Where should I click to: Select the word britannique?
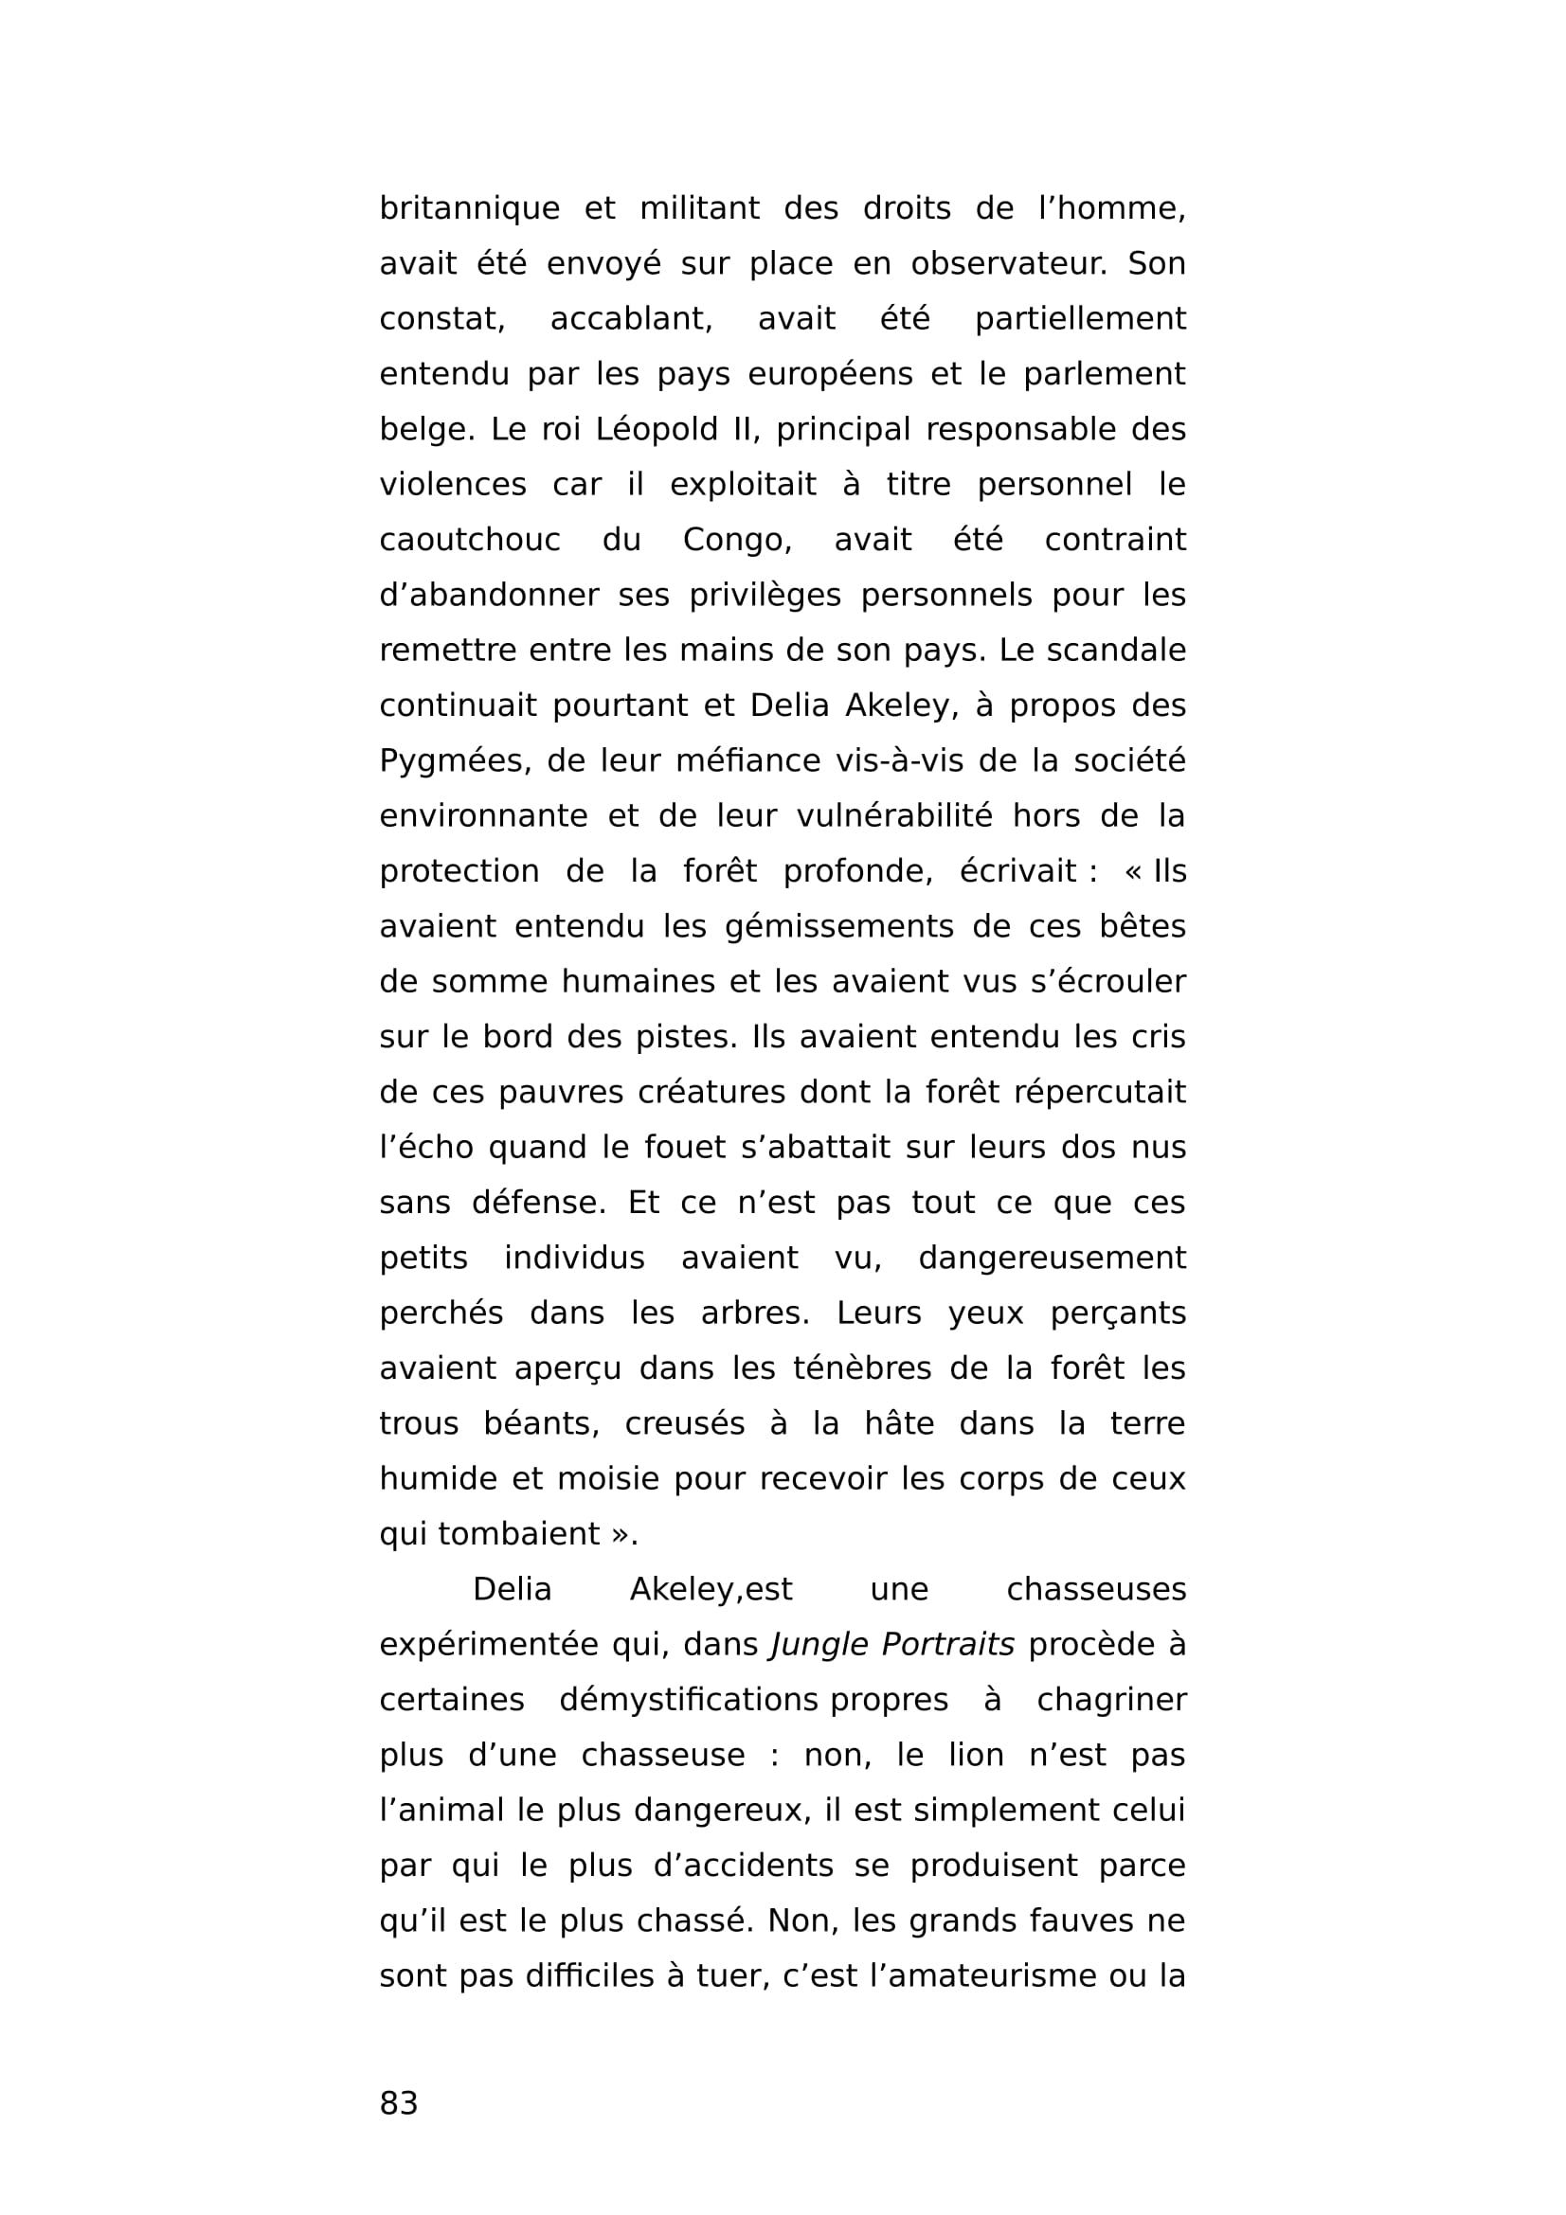[469, 208]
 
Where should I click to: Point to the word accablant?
[631, 318]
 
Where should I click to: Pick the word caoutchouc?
[469, 540]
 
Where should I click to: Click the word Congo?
[737, 540]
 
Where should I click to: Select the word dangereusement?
[1052, 1258]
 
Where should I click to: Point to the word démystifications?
[689, 1700]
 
